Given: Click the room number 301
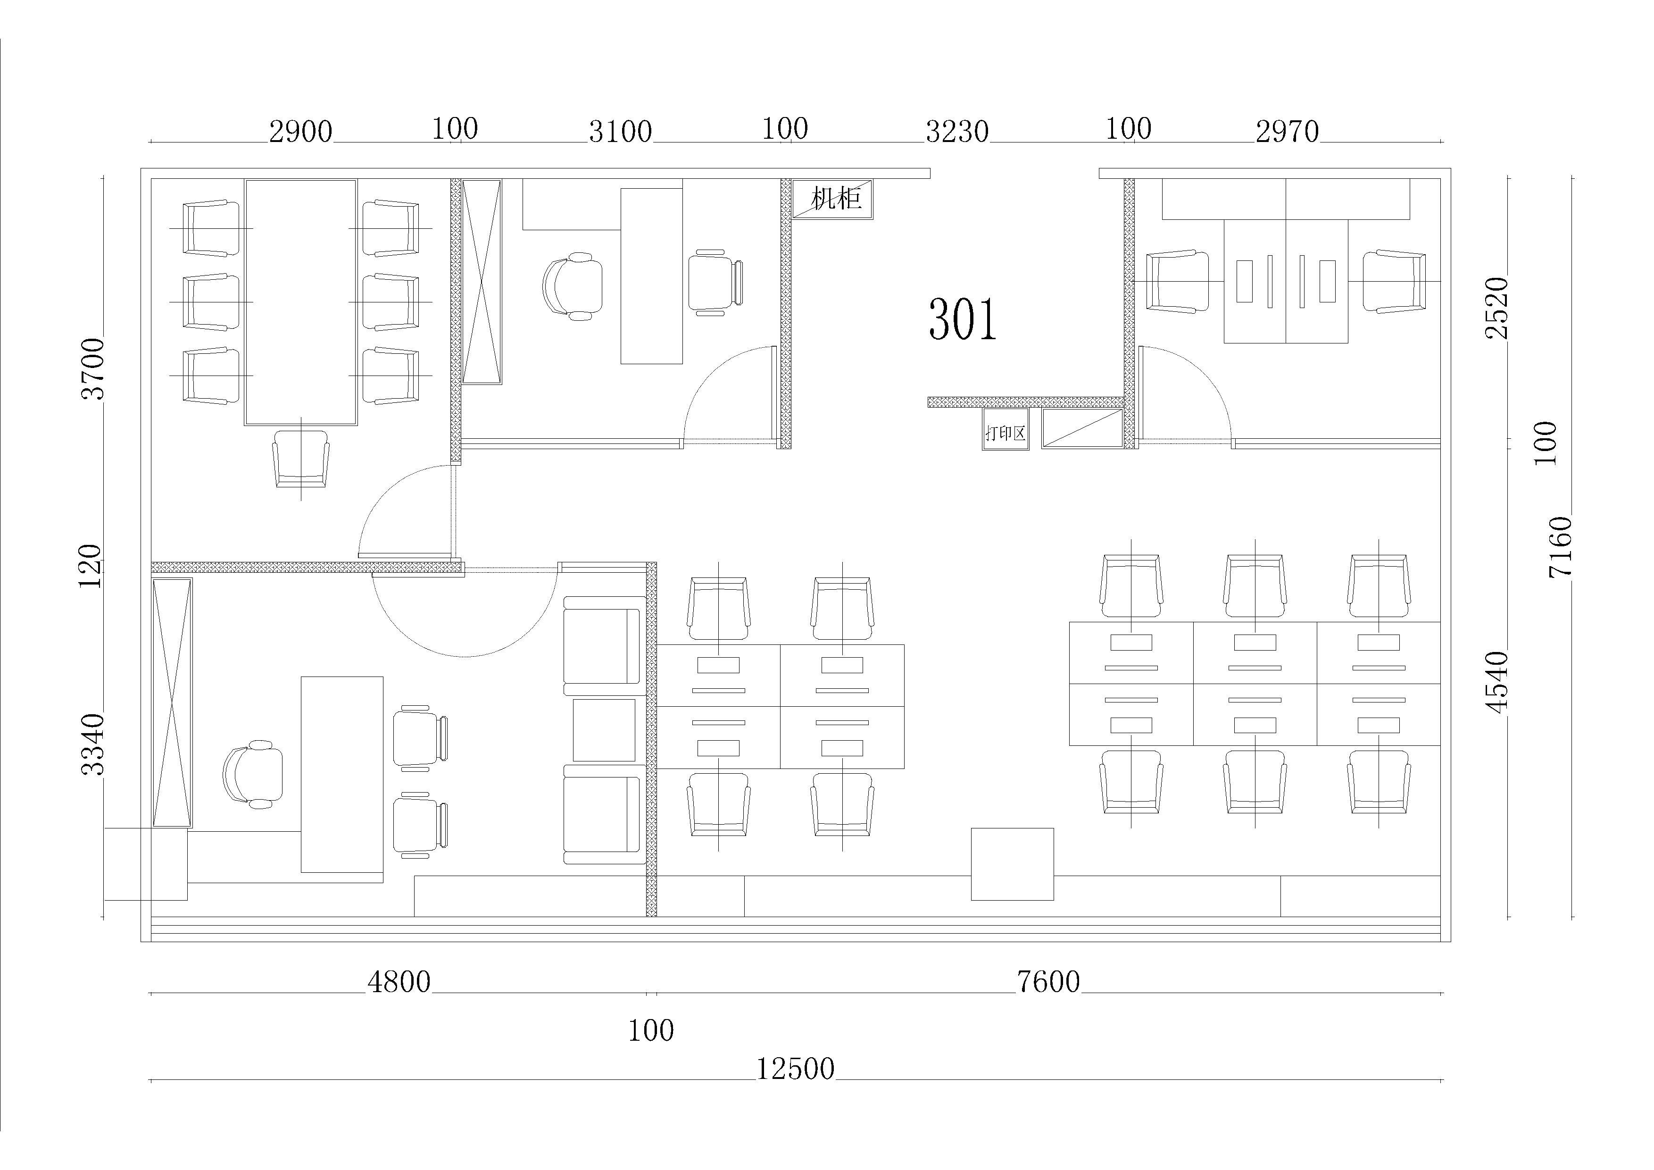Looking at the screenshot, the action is (963, 319).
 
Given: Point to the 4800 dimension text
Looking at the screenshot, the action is (399, 981).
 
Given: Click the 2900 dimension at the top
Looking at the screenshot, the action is (300, 132).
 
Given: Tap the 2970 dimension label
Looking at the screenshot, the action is (1288, 132).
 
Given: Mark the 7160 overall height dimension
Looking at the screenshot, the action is (1560, 546).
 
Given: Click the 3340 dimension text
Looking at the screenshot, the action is (93, 744).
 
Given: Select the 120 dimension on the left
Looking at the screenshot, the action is (90, 566).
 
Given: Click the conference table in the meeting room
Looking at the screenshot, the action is (300, 302).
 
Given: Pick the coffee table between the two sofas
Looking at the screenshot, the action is (605, 730).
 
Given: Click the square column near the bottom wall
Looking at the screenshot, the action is (1012, 864).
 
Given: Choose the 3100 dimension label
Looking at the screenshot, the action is (620, 132).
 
